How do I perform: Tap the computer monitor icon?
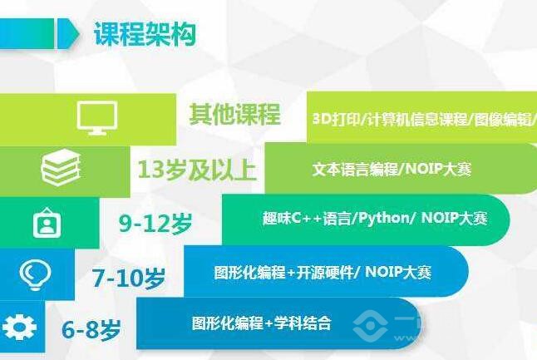[x=97, y=117]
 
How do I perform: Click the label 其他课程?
[x=234, y=115]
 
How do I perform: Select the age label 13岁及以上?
[x=197, y=170]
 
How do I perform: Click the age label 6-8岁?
[x=91, y=329]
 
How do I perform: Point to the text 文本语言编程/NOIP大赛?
[x=392, y=169]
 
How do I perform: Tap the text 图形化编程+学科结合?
[x=261, y=323]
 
